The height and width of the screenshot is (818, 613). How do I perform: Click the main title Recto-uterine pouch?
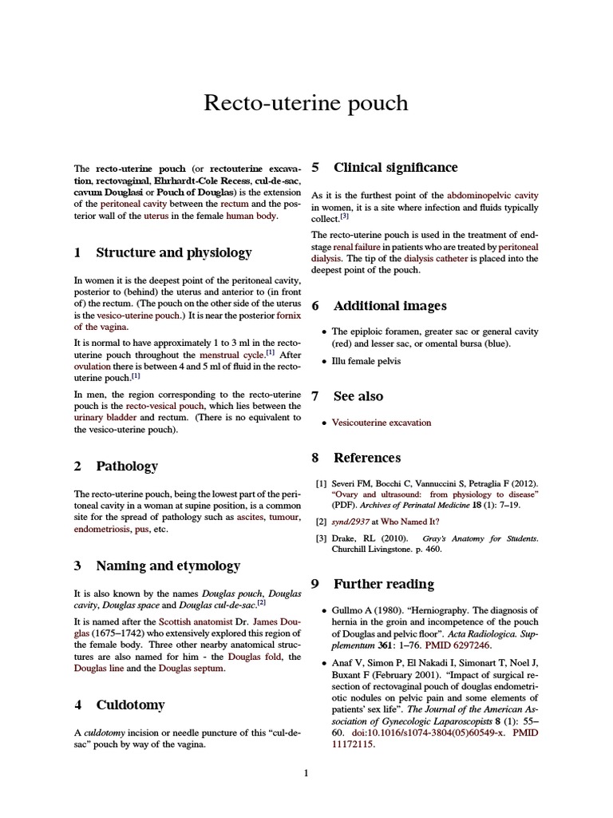[x=306, y=103]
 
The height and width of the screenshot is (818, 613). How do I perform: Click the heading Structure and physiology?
[x=173, y=252]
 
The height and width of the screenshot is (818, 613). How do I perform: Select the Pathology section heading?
[x=126, y=466]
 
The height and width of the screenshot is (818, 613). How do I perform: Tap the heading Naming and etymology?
[x=168, y=566]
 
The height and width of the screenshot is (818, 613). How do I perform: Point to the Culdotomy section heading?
[x=130, y=705]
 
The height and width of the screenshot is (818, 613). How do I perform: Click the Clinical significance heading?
[x=395, y=167]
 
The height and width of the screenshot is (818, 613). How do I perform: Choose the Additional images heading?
[x=390, y=306]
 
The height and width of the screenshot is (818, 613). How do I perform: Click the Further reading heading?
[x=383, y=583]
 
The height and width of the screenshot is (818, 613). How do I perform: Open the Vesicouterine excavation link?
[x=382, y=423]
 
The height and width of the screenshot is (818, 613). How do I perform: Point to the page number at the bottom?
[x=306, y=772]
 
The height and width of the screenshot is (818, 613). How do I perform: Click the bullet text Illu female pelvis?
[x=366, y=361]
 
